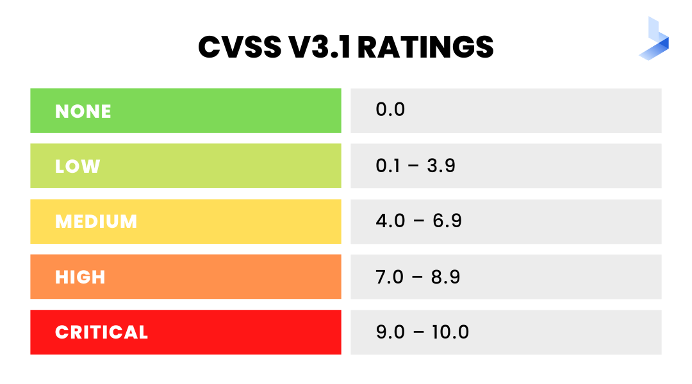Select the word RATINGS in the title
[x=425, y=47]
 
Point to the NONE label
[x=83, y=111]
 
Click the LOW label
[x=78, y=166]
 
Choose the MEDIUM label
[x=96, y=221]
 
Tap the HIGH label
[x=80, y=277]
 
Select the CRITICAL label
[x=101, y=332]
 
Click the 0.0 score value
[x=390, y=109]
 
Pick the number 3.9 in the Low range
[x=441, y=166]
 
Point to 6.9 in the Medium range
[x=447, y=221]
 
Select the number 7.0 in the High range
[x=391, y=276]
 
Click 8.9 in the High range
[x=446, y=276]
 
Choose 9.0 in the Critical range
[x=391, y=332]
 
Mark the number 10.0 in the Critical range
[x=450, y=332]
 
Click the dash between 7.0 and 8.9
[x=418, y=277]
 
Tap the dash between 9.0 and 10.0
[x=418, y=333]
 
